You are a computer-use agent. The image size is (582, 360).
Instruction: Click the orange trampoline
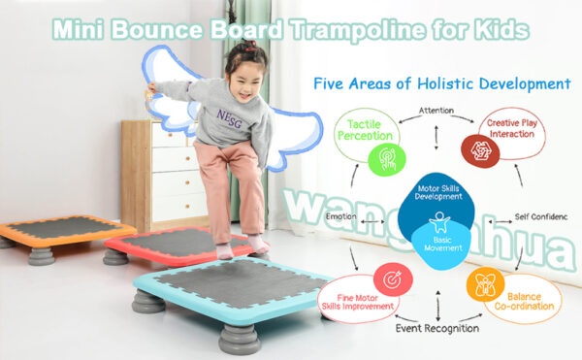tap(53, 231)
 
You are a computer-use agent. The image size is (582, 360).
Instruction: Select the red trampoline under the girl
tap(175, 243)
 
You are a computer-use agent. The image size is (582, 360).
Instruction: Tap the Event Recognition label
tap(436, 328)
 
